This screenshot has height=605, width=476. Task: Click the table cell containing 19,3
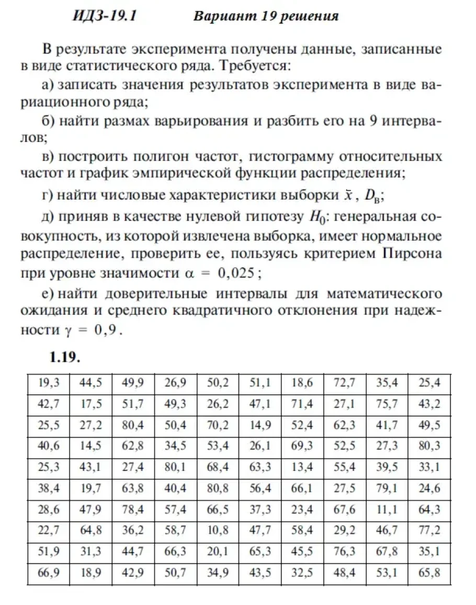pos(49,383)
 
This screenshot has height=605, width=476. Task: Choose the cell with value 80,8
pos(218,489)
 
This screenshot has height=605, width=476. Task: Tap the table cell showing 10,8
pos(218,530)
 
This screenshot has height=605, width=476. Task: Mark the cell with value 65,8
pos(429,573)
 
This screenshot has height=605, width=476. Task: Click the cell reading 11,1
pos(387,509)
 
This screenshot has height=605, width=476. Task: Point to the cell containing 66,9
pos(49,573)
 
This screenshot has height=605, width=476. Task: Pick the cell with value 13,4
pos(302,467)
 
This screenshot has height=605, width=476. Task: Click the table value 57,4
pos(176,509)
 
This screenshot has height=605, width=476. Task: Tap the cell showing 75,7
pos(387,404)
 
